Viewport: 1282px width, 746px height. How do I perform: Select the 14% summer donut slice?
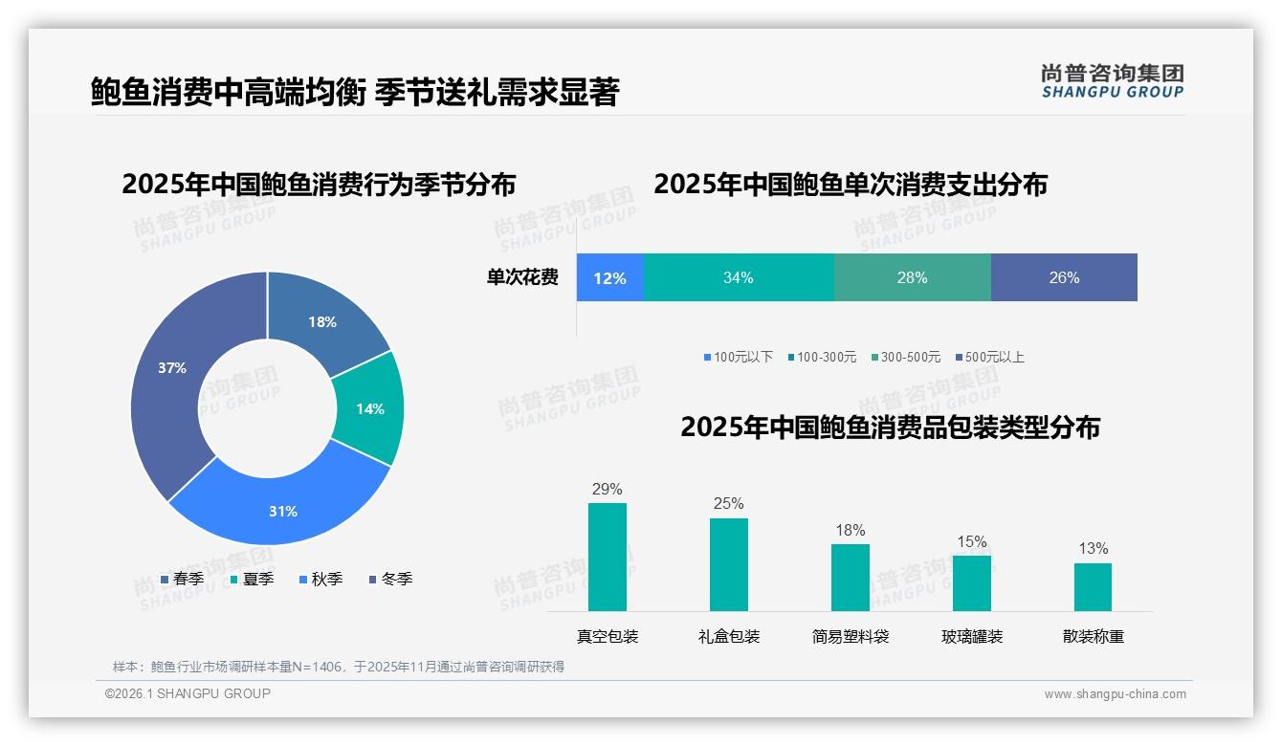point(368,408)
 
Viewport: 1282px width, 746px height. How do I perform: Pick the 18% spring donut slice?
point(323,320)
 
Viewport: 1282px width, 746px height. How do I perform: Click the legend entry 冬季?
point(390,579)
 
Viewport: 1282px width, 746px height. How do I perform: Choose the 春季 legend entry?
point(182,579)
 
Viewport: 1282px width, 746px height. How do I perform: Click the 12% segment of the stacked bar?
point(609,277)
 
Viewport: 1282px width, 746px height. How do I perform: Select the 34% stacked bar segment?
point(738,277)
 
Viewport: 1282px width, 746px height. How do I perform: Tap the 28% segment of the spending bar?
point(912,277)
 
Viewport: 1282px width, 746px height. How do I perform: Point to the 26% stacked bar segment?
point(1064,277)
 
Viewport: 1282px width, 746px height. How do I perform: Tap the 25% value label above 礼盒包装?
point(728,503)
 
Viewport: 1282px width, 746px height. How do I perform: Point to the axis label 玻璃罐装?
point(972,636)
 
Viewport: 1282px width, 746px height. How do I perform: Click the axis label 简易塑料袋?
point(851,636)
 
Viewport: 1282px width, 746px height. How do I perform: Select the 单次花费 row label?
point(522,277)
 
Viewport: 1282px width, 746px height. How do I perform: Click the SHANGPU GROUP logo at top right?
point(1112,80)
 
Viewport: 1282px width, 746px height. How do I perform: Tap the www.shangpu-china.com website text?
point(1115,694)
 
